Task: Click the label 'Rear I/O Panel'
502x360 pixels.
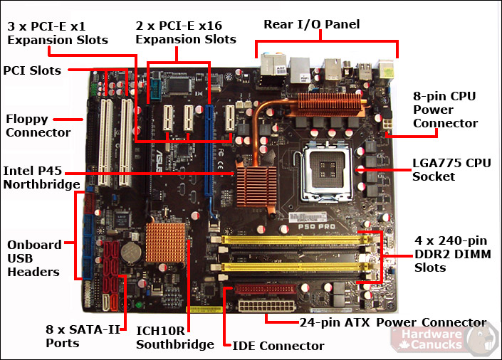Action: click(311, 24)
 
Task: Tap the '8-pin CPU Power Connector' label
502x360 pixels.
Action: click(444, 110)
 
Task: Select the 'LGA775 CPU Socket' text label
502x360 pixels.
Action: click(451, 169)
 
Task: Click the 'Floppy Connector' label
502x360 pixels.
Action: click(38, 126)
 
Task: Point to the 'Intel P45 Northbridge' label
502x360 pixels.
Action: click(41, 178)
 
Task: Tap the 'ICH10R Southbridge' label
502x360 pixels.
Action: click(174, 338)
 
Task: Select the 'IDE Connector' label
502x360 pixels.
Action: click(278, 346)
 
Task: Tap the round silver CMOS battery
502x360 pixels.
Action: click(129, 250)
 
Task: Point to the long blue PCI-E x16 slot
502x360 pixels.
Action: click(209, 150)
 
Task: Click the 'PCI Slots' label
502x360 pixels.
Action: click(32, 70)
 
